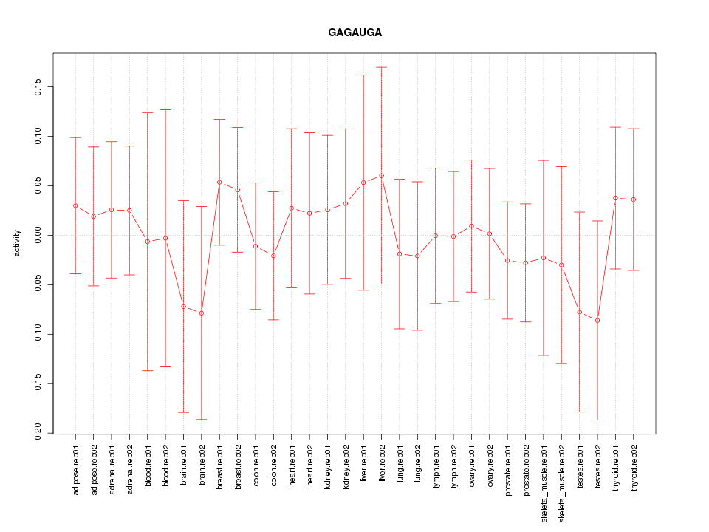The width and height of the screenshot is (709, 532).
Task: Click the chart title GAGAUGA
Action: coord(354,33)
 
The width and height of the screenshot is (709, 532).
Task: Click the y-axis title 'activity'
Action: coord(17,243)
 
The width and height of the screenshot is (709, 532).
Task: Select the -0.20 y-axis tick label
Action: coord(38,433)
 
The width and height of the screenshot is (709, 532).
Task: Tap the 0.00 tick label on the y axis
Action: coord(38,235)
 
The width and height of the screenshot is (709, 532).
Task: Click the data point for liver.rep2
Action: coord(381,176)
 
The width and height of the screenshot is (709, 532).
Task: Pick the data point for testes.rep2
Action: coord(597,321)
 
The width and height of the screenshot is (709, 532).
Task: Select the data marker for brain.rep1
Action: coord(183,306)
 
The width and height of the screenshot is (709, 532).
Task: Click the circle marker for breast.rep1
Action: coord(219,182)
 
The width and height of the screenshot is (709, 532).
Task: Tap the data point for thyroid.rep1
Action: coord(615,198)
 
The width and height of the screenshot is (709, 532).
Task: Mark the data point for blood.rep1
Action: coord(148,242)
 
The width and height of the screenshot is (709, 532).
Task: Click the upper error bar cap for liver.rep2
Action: coord(381,67)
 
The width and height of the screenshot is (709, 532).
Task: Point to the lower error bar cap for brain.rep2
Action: coord(202,420)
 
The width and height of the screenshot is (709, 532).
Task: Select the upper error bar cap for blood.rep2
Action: coord(165,109)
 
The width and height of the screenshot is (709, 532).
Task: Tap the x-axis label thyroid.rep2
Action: coord(634,471)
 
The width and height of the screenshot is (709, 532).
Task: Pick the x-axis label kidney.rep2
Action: coord(346,470)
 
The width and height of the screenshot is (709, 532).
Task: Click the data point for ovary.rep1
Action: coord(471,226)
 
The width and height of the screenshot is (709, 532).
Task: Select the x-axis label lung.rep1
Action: coord(400,466)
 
